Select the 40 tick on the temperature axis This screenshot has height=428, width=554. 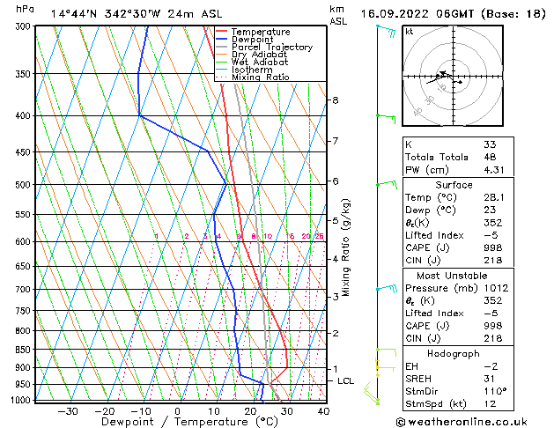[x=323, y=410]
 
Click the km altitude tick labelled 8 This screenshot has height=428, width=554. [x=336, y=100]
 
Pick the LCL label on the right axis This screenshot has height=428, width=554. [x=346, y=380]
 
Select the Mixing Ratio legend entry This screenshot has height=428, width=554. [x=260, y=77]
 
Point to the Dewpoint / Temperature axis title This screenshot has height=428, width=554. [x=178, y=422]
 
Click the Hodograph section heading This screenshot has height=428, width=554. [x=454, y=353]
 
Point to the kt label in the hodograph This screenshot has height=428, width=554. [x=410, y=32]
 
